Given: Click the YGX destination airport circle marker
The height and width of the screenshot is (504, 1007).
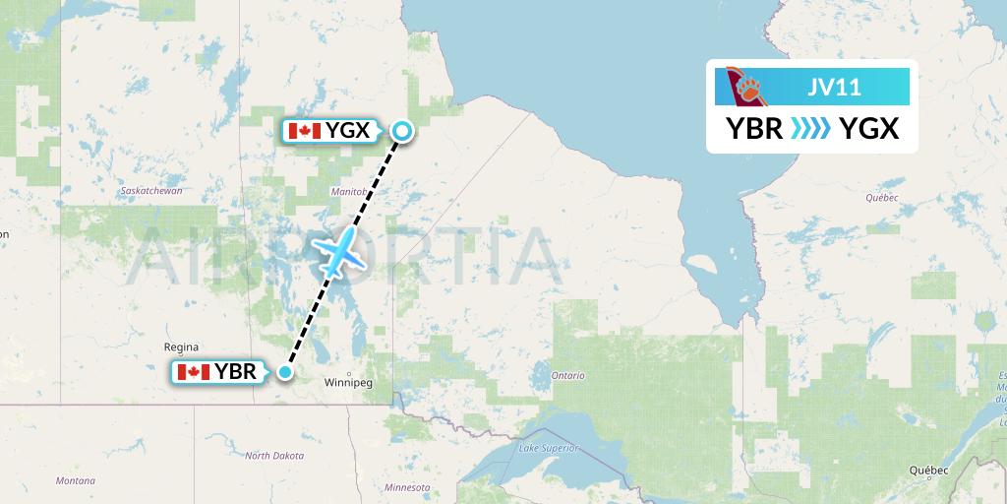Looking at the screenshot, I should coord(402,130).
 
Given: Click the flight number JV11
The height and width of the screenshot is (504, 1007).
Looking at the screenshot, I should coord(835,87).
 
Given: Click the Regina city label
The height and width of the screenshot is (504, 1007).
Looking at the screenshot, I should coord(182,346).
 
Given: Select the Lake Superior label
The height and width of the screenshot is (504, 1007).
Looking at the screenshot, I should coord(548,449).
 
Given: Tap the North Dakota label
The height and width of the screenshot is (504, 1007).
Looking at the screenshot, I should coord(274,456).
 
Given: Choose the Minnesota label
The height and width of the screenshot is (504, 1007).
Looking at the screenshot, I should coord(407,487).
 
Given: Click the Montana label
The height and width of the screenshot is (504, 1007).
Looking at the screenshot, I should coord(76,480).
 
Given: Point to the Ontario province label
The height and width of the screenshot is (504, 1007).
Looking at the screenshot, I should coord(567,375).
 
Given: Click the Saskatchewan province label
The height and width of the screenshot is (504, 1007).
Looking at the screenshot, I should coord(150,190).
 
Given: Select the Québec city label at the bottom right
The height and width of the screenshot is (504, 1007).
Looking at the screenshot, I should coord(928,470).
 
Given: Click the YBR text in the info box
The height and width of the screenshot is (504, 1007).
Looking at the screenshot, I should coord(754,128).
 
